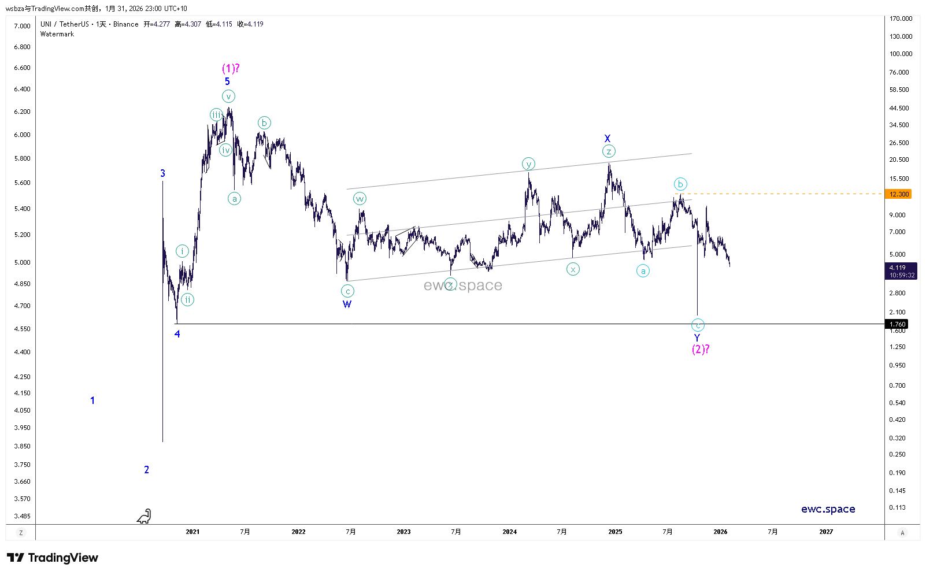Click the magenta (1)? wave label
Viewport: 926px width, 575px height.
[x=231, y=69]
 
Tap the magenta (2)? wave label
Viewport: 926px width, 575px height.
[x=701, y=349]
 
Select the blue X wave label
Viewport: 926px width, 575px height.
[x=608, y=139]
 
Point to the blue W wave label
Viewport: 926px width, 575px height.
[x=347, y=305]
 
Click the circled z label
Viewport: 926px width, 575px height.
[x=609, y=151]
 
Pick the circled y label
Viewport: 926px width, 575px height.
[x=528, y=164]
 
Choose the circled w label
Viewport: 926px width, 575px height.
[x=360, y=199]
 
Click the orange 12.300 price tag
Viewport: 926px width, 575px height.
[x=899, y=194]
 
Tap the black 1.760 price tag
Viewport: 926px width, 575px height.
[x=897, y=324]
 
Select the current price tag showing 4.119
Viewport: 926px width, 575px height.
[x=901, y=271]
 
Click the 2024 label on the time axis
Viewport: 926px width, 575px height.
[x=509, y=532]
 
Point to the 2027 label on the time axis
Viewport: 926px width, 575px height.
[x=826, y=532]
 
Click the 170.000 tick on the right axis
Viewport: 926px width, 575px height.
[x=901, y=18]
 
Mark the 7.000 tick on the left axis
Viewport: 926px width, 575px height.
[x=22, y=26]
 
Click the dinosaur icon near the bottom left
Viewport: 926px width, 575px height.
[x=144, y=516]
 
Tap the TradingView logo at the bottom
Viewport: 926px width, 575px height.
[x=53, y=558]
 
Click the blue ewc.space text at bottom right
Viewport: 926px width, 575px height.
[x=828, y=509]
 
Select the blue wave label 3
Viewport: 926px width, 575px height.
[x=162, y=173]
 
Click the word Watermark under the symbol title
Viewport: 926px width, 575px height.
[x=57, y=34]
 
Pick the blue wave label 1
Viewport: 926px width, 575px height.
[x=92, y=400]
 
